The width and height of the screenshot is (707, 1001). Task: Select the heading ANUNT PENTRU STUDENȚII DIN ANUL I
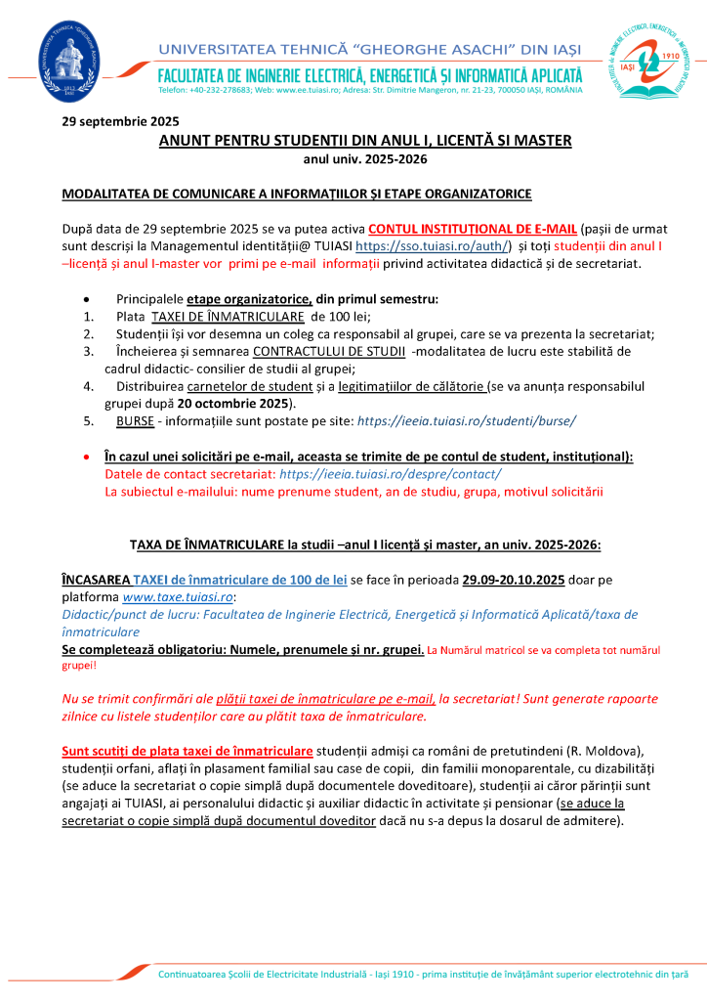[365, 141]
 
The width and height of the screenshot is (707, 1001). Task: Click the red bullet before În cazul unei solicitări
[89, 457]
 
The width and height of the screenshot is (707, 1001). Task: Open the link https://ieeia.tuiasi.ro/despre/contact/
[391, 474]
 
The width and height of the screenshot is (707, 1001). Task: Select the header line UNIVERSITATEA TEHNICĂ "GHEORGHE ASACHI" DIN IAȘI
[369, 49]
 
